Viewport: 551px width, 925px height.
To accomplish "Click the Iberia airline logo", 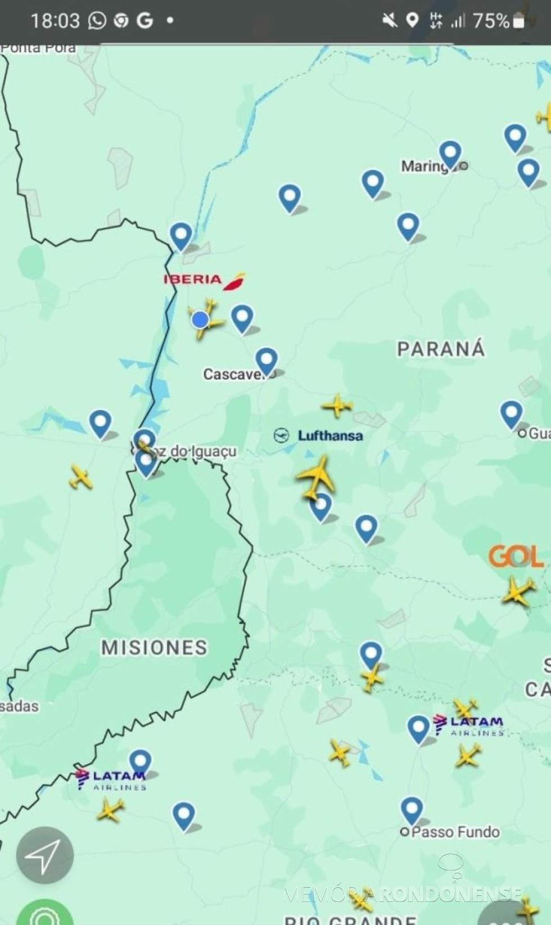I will pos(204,279).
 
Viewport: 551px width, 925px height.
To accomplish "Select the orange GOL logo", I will pos(515,557).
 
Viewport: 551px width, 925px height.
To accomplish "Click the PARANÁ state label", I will pos(441,349).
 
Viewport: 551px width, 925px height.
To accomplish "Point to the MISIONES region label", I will pos(154,647).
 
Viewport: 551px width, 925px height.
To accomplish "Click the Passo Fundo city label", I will pos(455,832).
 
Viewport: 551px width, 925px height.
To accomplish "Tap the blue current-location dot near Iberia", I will pos(200,320).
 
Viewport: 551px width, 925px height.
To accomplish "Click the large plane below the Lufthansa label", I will pos(317,476).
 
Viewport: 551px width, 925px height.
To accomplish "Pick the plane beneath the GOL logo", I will pos(518,591).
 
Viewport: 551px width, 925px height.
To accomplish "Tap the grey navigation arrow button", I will pos(44,855).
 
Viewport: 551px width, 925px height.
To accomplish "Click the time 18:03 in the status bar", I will pos(55,21).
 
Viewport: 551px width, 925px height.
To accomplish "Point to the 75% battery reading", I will pos(491,21).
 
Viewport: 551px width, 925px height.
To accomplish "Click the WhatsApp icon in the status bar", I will pos(97,21).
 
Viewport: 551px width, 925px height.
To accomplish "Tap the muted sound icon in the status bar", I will pos(389,21).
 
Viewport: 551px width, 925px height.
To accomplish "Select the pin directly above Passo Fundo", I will pos(412,810).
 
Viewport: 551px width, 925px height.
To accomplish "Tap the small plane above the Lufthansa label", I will pos(337,405).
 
